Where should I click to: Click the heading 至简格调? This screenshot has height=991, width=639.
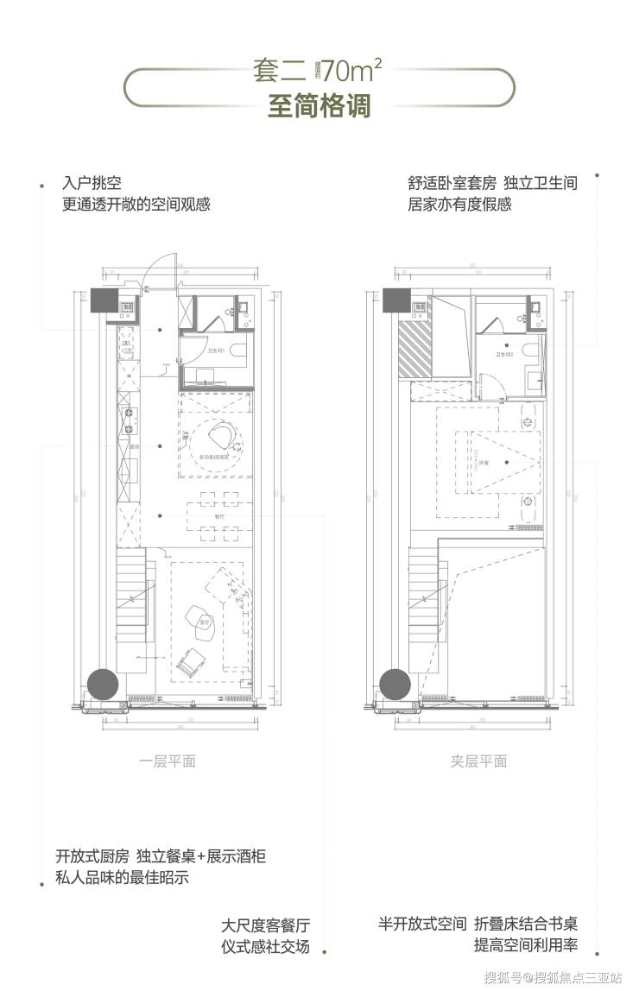(x=319, y=107)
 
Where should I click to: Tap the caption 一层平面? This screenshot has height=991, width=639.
(x=168, y=761)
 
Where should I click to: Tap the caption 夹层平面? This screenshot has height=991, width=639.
(x=478, y=761)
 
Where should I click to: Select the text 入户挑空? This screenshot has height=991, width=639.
(x=92, y=184)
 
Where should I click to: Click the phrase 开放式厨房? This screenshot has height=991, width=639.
(x=92, y=857)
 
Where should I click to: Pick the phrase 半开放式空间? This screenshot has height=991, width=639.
(x=422, y=925)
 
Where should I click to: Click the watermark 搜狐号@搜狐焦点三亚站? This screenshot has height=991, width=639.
(x=553, y=978)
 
